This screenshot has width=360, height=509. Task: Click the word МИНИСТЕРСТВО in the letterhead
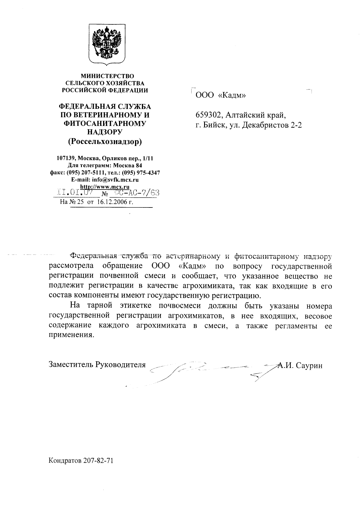107,76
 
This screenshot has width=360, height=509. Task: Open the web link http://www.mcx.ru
105,187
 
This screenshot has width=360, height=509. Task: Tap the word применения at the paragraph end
72,335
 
